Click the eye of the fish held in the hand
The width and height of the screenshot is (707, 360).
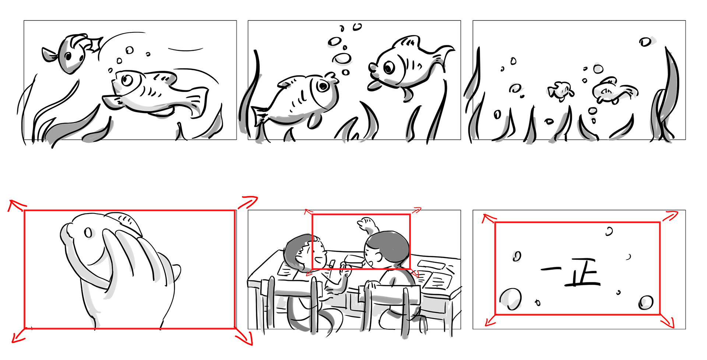tap(88, 233)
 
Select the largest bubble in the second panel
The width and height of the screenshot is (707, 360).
tap(342, 58)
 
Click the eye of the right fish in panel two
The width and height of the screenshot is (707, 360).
tap(389, 68)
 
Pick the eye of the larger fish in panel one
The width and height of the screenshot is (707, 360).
tap(127, 80)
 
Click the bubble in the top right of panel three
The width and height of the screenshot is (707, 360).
tap(645, 42)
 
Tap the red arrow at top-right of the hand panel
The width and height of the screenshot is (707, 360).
tap(247, 202)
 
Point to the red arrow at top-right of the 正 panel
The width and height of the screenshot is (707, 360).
tap(670, 216)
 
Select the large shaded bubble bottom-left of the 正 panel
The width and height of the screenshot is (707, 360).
tap(510, 299)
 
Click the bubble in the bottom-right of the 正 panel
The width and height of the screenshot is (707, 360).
tap(646, 303)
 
